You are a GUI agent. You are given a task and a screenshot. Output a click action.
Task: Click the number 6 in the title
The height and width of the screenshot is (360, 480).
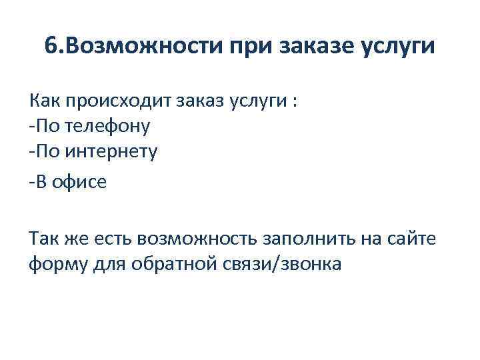coord(51,47)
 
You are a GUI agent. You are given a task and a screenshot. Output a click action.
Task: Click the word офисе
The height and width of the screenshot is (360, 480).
coord(81,182)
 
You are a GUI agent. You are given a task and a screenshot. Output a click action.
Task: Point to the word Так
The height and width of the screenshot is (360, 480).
coord(44,238)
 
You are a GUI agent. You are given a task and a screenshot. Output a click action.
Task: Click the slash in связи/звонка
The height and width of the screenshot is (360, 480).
coord(279,264)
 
